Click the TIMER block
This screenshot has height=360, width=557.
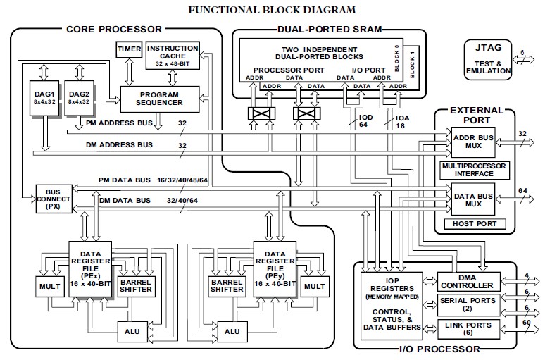point(129,50)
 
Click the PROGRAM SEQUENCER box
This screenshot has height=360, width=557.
point(161,98)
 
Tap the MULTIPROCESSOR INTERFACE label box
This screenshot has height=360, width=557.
point(473,169)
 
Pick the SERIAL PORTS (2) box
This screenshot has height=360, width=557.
point(466,304)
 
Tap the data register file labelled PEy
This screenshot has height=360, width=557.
point(272,268)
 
